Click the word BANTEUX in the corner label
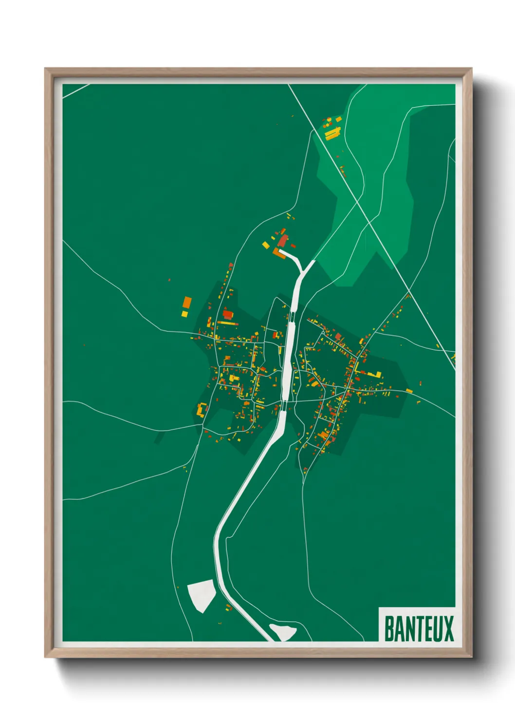click(x=419, y=628)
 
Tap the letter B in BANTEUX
click(x=389, y=628)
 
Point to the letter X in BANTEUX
click(x=448, y=628)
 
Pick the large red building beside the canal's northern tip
click(x=283, y=240)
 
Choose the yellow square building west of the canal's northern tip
click(x=266, y=245)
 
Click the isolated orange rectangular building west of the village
click(x=186, y=304)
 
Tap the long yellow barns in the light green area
click(x=332, y=133)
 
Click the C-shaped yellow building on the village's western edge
click(x=201, y=409)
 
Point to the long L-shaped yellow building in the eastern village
click(x=371, y=374)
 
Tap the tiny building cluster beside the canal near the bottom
click(x=229, y=607)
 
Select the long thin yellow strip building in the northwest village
click(x=227, y=323)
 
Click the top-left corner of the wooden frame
click(x=45, y=69)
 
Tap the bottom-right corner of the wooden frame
click(x=471, y=657)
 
